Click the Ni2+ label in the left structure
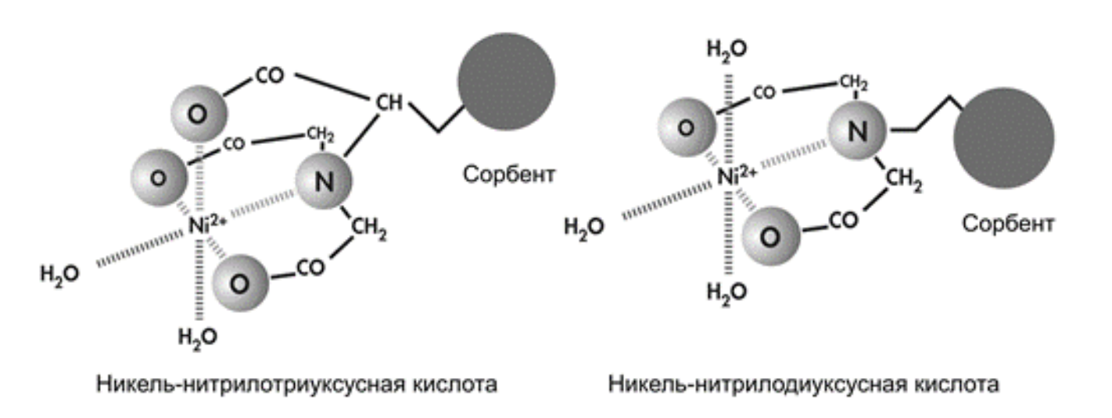pos(207,226)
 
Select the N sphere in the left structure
pos(324,181)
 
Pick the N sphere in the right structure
pos(857,131)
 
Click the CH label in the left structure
pos(389,103)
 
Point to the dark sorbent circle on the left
pos(507,82)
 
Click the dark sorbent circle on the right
pos(1004,139)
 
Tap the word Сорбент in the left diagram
pos(509,175)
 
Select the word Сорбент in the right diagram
pos(1008,224)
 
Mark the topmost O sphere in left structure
pos(199,114)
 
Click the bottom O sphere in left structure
pos(240,283)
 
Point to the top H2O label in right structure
pos(726,49)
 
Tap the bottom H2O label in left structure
pos(198,337)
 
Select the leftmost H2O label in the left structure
pos(59,274)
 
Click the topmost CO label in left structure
pos(270,76)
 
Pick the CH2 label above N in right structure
pos(854,83)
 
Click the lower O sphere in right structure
pos(771,236)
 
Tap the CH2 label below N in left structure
pos(369,229)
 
